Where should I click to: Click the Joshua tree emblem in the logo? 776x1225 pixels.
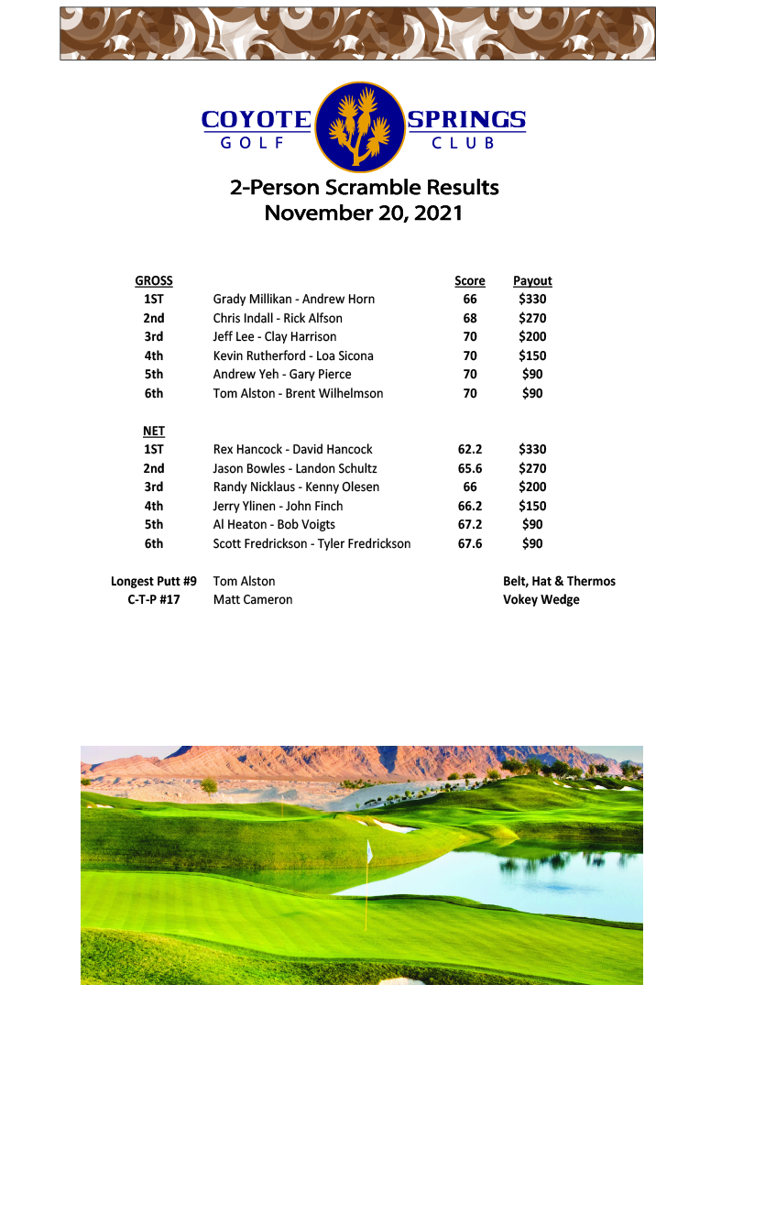pos(360,126)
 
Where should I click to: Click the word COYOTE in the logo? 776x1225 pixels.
pos(256,120)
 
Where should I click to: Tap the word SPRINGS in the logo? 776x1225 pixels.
pos(466,120)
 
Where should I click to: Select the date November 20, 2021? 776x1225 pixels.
pos(364,213)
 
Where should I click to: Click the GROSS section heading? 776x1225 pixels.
pos(154,281)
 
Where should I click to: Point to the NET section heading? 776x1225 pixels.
pos(154,431)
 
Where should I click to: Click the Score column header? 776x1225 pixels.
pos(470,281)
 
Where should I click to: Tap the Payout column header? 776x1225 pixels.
pos(532,281)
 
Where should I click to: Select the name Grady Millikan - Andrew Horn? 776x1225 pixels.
pos(293,299)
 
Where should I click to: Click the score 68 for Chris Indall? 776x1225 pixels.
pos(470,318)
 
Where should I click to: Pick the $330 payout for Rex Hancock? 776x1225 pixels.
pos(532,449)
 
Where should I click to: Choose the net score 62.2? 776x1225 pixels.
pos(470,449)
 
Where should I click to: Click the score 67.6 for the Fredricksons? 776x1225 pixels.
pos(470,543)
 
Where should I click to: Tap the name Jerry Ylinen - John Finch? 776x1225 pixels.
pos(278,506)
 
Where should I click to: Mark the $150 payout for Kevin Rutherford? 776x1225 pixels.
pos(532,355)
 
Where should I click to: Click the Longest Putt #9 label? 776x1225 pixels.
pos(154,581)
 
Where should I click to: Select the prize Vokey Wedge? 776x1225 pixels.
pos(541,599)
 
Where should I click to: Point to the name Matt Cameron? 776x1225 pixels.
pos(253,599)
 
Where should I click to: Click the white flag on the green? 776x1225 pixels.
pos(370,851)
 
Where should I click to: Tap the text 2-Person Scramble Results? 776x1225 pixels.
pos(364,188)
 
